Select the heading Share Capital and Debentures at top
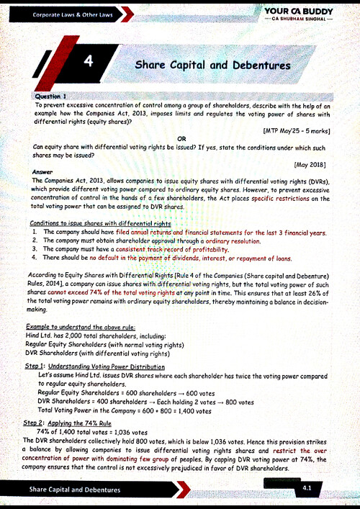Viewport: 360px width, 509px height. pyautogui.click(x=213, y=66)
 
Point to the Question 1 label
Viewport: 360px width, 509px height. pyautogui.click(x=50, y=96)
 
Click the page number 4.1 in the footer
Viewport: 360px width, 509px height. pyautogui.click(x=307, y=488)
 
